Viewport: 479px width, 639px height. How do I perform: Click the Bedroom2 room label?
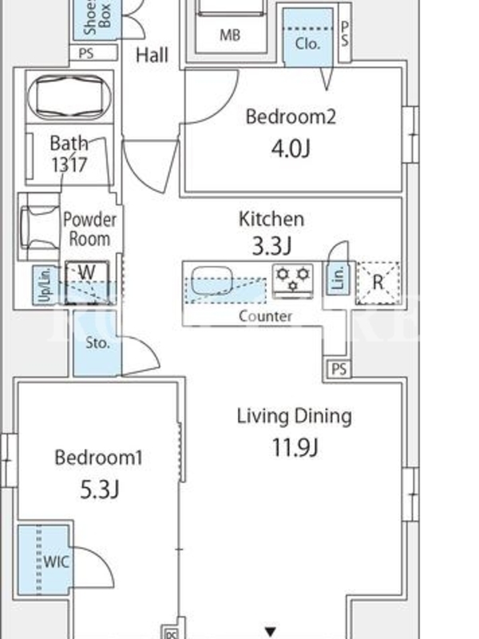point(291,117)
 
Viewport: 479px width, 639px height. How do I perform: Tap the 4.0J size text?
point(291,149)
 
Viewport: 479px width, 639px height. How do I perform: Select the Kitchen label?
point(271,219)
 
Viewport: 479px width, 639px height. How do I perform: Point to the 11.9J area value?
point(295,447)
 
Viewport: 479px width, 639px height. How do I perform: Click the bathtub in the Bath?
point(69,97)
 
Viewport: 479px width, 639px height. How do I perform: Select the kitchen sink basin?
point(212,280)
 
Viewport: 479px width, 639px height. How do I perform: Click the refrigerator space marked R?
point(378,283)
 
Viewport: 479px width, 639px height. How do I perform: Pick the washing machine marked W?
point(87,282)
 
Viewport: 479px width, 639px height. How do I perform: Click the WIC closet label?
point(57,562)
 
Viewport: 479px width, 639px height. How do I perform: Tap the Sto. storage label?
point(97,343)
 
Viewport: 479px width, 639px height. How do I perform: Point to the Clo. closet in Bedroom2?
point(307,44)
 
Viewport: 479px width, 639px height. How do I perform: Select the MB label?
point(230,35)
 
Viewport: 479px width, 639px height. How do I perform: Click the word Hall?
point(152,55)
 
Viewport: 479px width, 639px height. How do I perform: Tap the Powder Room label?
point(89,229)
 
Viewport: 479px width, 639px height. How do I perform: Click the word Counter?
point(266,316)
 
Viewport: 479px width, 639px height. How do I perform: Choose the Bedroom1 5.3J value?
point(99,490)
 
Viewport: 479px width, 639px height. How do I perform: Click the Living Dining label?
point(295,416)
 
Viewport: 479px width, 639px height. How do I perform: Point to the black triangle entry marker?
point(271,631)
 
